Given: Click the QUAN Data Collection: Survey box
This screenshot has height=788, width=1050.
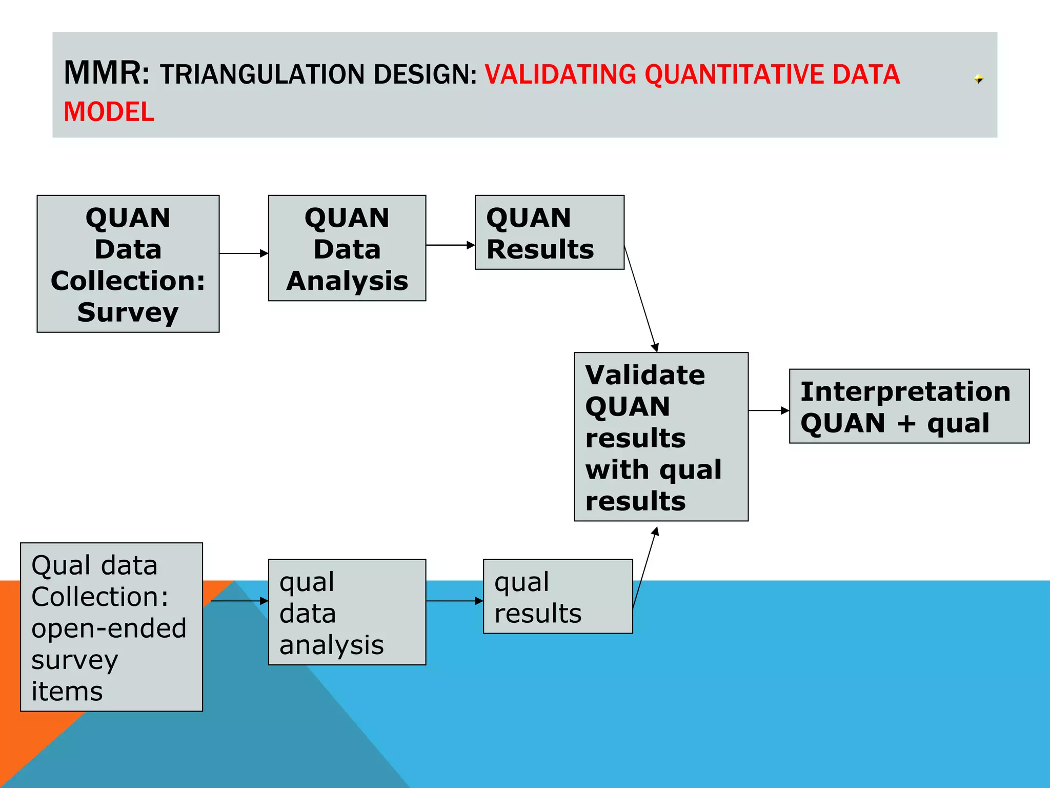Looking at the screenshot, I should point(128,264).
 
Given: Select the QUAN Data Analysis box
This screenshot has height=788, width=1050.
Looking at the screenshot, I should point(347,248).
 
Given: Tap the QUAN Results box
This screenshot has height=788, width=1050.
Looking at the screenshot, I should point(549,232).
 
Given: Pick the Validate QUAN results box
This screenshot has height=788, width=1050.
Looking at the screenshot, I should point(661,437).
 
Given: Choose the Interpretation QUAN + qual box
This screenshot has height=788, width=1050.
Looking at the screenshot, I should point(909,406).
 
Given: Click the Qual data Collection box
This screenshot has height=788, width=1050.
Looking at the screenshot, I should point(111,627).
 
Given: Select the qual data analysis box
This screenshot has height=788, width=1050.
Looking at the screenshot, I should point(347,612).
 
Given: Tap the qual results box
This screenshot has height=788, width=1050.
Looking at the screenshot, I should point(558,596).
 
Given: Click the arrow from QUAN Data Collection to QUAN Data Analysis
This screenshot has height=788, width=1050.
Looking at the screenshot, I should point(244,253).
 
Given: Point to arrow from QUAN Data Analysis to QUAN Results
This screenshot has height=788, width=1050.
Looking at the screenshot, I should point(450,245).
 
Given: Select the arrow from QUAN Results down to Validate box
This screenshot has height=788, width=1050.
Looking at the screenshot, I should point(640,299).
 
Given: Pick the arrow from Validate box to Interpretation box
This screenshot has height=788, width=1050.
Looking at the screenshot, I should point(768,410).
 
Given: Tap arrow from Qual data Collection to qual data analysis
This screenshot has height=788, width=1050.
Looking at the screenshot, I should point(239,601).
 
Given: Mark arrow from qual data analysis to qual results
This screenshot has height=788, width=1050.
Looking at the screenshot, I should point(454,601).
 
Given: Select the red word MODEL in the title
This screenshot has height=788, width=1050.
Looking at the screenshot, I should point(109,112).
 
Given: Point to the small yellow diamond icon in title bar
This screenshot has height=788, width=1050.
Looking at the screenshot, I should point(978,78).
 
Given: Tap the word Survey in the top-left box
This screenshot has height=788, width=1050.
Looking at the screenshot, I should point(128,312).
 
